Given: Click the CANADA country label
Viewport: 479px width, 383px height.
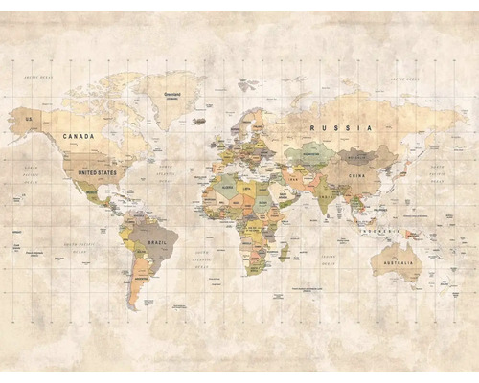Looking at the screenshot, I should point(79,137).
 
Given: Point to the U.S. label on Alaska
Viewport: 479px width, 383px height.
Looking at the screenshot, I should point(29,119).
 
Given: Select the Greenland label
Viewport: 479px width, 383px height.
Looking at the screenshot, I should point(173,95).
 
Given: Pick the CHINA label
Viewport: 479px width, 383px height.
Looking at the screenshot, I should point(357,177).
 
